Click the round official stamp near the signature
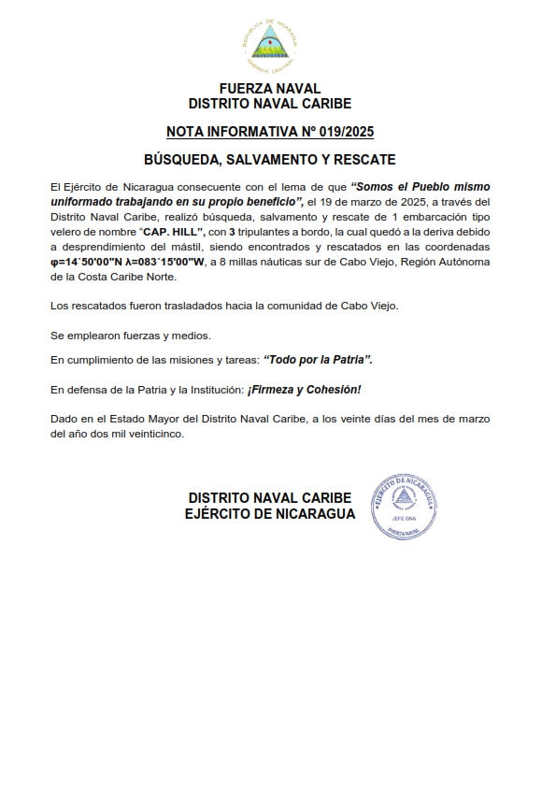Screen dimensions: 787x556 405,504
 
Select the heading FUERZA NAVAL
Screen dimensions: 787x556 270,89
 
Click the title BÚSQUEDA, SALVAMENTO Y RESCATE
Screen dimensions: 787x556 270,160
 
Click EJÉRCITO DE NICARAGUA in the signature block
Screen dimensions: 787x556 270,513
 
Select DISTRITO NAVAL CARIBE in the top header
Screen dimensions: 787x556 270,104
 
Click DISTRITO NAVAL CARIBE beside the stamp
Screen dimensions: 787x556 270,497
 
